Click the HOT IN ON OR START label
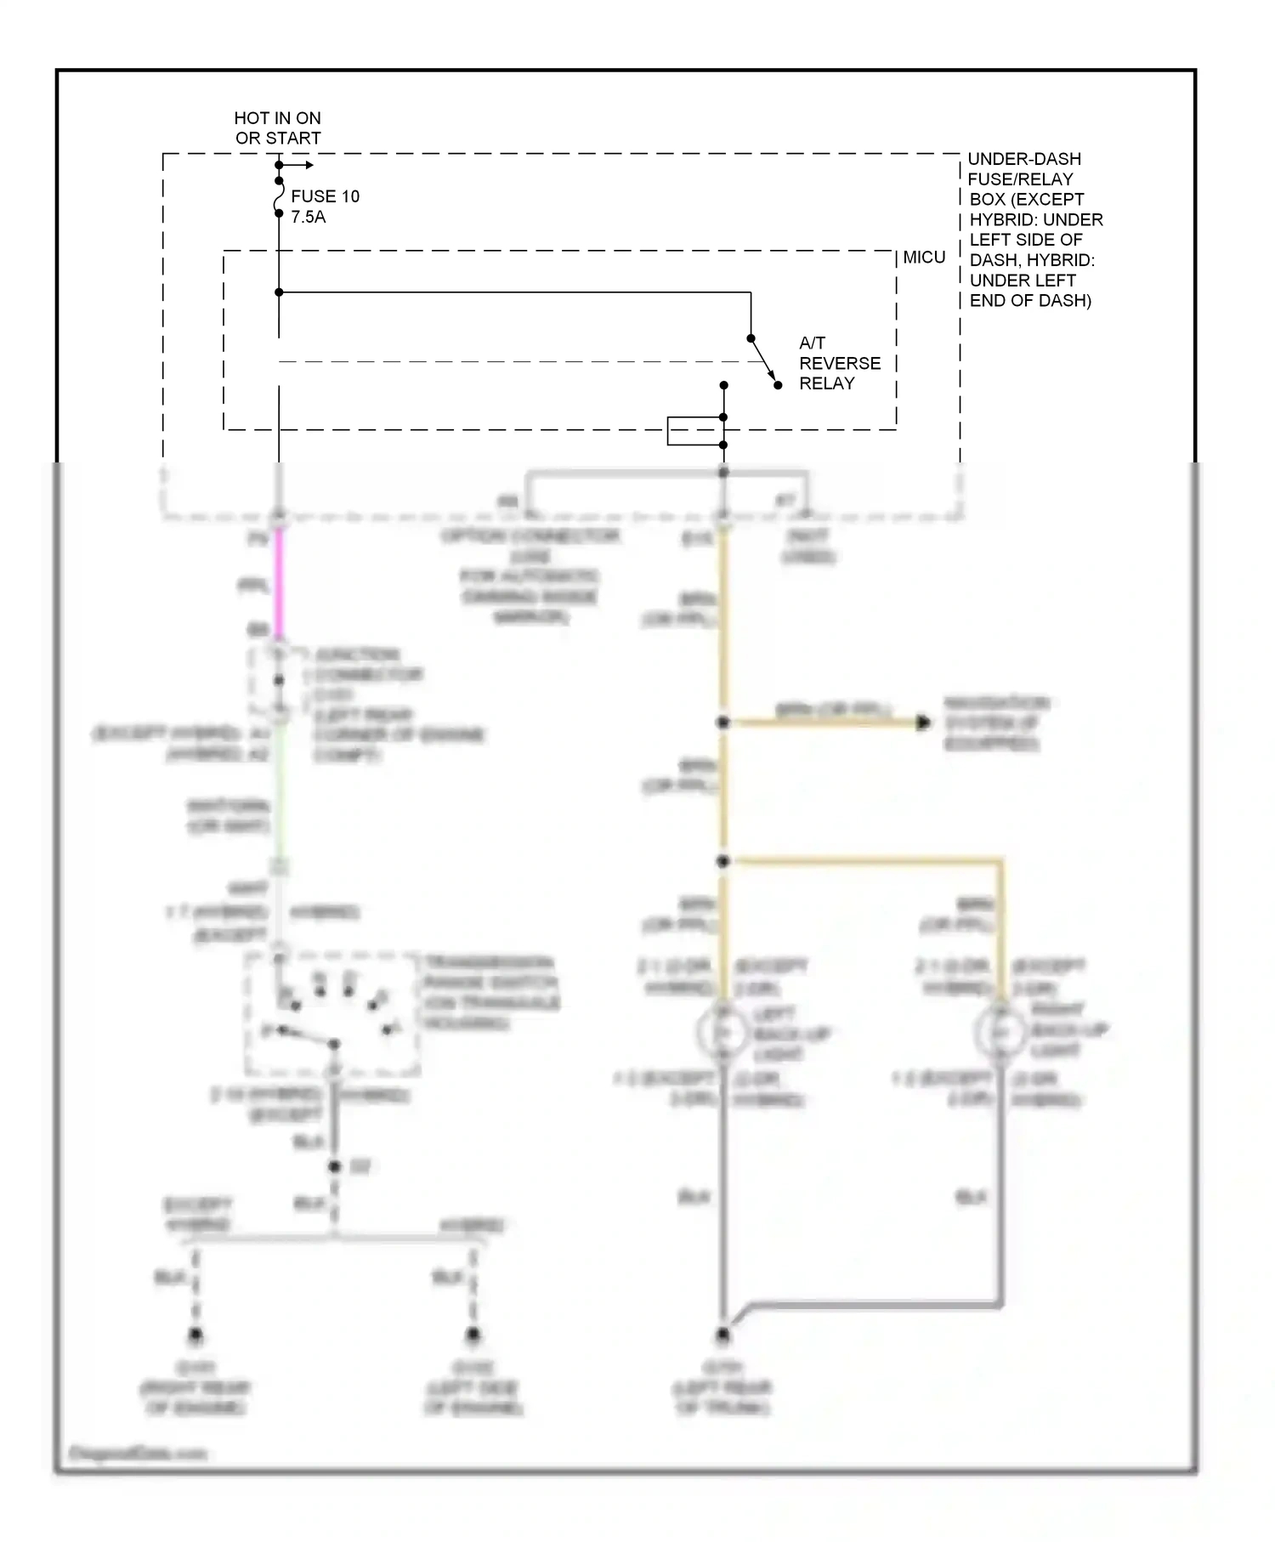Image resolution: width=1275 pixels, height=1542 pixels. (x=278, y=128)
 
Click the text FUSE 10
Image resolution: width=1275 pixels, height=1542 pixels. (x=325, y=196)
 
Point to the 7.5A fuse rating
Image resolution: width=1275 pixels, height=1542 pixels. (x=308, y=217)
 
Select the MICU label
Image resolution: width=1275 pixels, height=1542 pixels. (x=924, y=258)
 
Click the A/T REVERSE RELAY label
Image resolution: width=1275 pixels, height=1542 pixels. (x=839, y=363)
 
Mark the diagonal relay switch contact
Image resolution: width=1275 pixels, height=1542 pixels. (x=763, y=360)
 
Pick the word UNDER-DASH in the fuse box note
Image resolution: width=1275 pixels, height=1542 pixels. (x=1024, y=159)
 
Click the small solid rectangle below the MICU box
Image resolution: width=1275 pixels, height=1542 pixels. (x=694, y=431)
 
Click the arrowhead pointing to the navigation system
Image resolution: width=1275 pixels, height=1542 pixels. (x=924, y=723)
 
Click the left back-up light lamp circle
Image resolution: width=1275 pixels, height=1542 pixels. (x=722, y=1032)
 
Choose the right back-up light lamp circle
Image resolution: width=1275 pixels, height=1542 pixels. (x=1000, y=1032)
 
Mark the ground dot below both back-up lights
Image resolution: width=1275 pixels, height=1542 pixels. (x=722, y=1335)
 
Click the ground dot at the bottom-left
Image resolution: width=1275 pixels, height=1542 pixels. (x=195, y=1335)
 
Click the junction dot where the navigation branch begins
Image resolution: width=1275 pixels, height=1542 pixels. (x=722, y=723)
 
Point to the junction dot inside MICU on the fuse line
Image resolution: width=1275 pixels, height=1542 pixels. (x=279, y=292)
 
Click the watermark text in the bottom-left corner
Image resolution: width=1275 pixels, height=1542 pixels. (x=136, y=1454)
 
